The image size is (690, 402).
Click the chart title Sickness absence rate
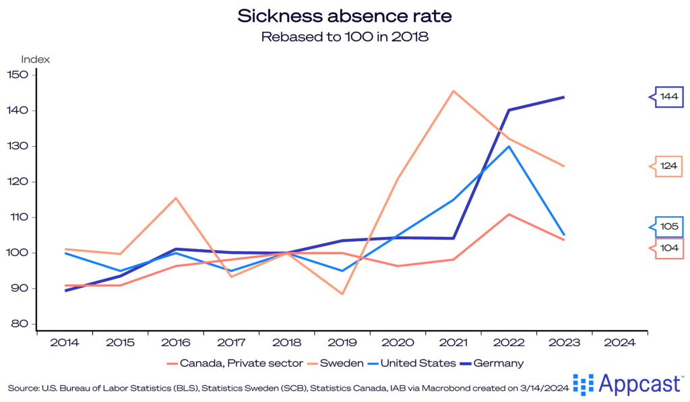[344, 15]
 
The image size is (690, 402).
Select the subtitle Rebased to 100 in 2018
[344, 37]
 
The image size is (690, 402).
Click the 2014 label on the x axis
[65, 343]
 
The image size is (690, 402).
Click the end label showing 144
[669, 98]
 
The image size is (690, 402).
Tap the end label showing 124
[669, 166]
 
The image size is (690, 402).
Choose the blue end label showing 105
[669, 226]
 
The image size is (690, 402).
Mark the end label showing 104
[669, 248]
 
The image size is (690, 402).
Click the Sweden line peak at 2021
[453, 91]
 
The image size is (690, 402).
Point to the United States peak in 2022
[509, 146]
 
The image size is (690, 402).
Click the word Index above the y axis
[36, 59]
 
